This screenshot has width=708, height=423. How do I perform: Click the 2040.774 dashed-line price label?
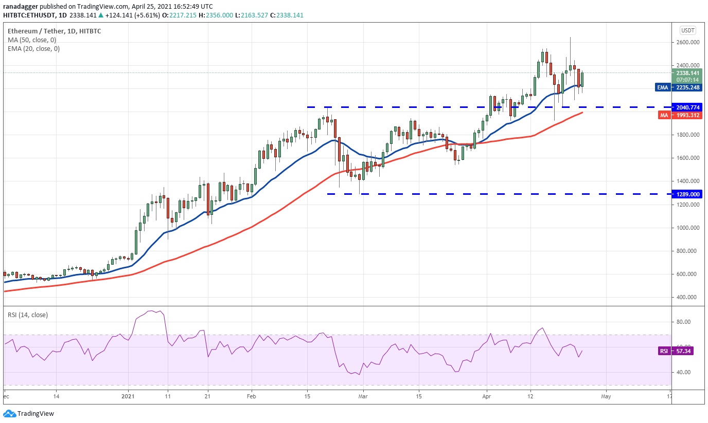(x=687, y=107)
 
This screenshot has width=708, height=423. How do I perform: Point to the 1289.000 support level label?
(x=687, y=194)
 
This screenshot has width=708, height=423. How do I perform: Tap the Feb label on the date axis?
(x=251, y=397)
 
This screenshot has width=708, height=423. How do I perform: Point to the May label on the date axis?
(x=606, y=397)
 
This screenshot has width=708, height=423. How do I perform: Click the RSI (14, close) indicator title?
(x=28, y=315)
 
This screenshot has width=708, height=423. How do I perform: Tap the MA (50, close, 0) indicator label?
(x=32, y=40)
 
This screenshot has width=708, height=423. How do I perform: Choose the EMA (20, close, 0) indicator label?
(x=33, y=49)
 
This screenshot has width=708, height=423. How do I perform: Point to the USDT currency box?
(x=687, y=30)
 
